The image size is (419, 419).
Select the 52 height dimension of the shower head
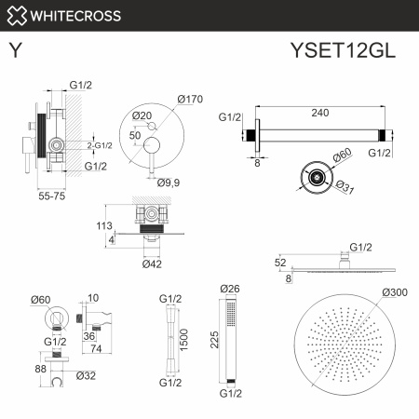tap(279, 264)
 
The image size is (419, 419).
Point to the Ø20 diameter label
tap(142, 115)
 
